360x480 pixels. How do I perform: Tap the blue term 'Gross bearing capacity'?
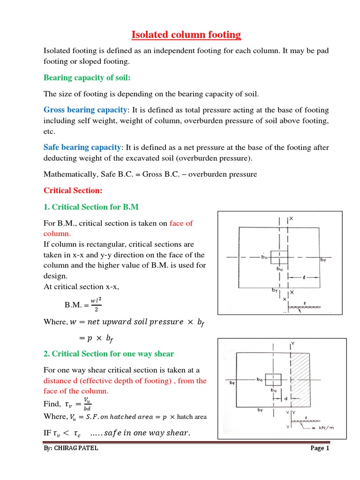coord(85,110)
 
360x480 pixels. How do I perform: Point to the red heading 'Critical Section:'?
coord(73,191)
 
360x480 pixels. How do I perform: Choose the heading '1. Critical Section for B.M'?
coord(91,207)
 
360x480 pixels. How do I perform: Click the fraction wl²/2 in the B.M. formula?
coord(96,305)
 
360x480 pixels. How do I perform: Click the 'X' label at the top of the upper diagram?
coord(292,219)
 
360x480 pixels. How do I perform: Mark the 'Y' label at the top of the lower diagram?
coord(292,344)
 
